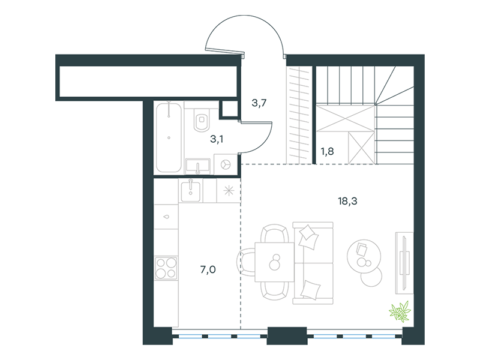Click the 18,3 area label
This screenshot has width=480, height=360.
(x=347, y=201)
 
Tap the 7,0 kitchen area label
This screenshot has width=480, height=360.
(x=208, y=269)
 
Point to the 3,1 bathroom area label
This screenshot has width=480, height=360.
(x=217, y=139)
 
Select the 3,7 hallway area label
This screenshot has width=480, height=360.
(x=259, y=103)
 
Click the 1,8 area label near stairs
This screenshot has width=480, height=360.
(x=327, y=151)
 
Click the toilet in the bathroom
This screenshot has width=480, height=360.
(x=201, y=119)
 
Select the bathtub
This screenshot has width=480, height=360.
(x=169, y=137)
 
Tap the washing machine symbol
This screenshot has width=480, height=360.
(x=227, y=164)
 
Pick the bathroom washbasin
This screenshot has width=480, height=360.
(x=198, y=166)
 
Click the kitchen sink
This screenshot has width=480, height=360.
(x=191, y=191)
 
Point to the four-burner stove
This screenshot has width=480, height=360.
(x=166, y=268)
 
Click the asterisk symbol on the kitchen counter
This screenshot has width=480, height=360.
(x=229, y=191)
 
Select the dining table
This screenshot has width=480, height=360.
(x=275, y=262)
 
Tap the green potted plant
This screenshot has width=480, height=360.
(x=400, y=311)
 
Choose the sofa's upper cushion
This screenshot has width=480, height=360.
(x=308, y=236)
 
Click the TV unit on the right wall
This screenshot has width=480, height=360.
(x=404, y=263)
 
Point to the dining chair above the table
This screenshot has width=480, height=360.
(x=275, y=233)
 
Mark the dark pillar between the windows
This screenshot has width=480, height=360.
(x=287, y=336)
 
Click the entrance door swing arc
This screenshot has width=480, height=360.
(x=245, y=16)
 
